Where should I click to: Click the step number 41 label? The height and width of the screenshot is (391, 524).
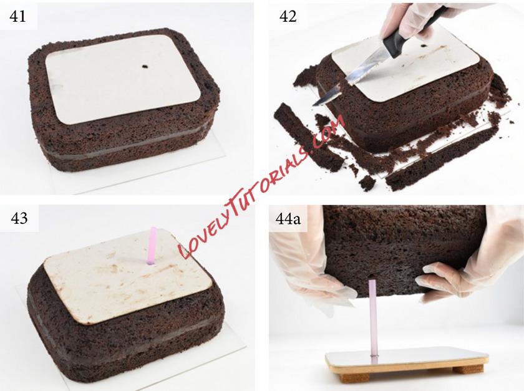pos(18,16)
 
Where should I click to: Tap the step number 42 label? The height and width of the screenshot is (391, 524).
pos(288,16)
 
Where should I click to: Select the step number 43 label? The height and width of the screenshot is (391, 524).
pos(19,218)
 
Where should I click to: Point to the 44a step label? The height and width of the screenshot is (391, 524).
pos(288,219)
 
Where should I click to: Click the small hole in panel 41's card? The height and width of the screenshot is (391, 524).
pos(145,67)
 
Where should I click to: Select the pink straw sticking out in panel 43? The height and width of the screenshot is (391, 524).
pos(152,246)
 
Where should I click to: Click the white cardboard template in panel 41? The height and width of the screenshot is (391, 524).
pos(123,80)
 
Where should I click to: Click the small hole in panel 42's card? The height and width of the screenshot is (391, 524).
pos(425,45)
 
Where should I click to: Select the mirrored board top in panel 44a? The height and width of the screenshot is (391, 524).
pos(407,357)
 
